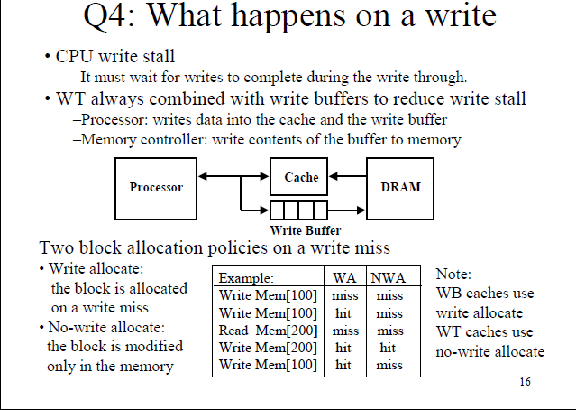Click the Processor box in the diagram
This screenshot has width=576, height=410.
pyautogui.click(x=156, y=188)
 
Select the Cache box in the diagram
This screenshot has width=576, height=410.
pyautogui.click(x=301, y=178)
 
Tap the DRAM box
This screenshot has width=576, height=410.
pyautogui.click(x=400, y=188)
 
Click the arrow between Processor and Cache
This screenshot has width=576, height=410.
pyautogui.click(x=234, y=177)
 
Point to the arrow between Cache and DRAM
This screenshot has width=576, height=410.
pyautogui.click(x=348, y=177)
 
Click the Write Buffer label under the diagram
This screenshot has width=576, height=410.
pyautogui.click(x=298, y=230)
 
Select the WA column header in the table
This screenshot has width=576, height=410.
pyautogui.click(x=343, y=278)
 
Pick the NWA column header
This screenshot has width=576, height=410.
pyautogui.click(x=389, y=278)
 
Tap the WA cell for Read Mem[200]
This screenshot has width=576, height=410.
pyautogui.click(x=343, y=331)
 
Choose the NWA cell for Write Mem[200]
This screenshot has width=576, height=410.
pyautogui.click(x=389, y=348)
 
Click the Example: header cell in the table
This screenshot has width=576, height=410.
pyautogui.click(x=246, y=278)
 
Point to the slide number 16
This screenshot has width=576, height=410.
pyautogui.click(x=525, y=382)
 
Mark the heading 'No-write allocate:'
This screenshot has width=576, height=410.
pyautogui.click(x=101, y=328)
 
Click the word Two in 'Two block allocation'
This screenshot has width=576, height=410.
pyautogui.click(x=55, y=247)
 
